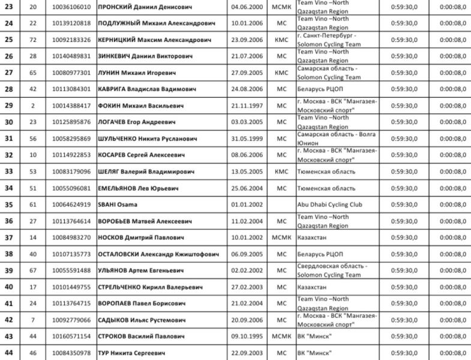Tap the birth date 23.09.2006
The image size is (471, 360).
pyautogui.click(x=246, y=40)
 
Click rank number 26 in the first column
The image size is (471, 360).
pyautogui.click(x=9, y=56)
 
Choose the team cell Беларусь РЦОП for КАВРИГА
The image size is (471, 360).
pyautogui.click(x=319, y=89)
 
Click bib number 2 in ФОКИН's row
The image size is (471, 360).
pyautogui.click(x=33, y=106)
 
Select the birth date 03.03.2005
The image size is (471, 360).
pyautogui.click(x=246, y=122)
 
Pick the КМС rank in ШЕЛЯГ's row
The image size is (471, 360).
pyautogui.click(x=281, y=172)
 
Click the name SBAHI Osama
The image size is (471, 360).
pyautogui.click(x=115, y=205)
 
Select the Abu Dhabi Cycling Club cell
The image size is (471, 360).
pyautogui.click(x=329, y=205)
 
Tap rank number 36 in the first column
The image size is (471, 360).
pyautogui.click(x=9, y=221)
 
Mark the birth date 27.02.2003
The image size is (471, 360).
pyautogui.click(x=246, y=287)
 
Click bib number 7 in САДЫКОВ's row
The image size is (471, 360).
pyautogui.click(x=33, y=320)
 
